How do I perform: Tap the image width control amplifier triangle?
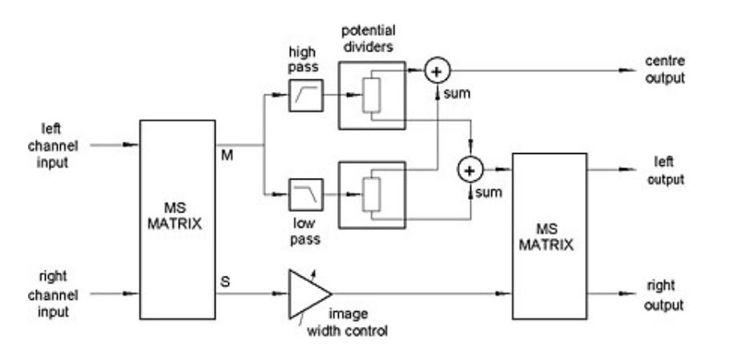point(309,294)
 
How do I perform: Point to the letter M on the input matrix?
point(228,155)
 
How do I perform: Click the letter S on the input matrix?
point(225,282)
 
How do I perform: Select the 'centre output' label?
point(665,70)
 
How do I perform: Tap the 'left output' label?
point(665,171)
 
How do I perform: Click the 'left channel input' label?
point(53,146)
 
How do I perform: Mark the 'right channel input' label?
point(53,294)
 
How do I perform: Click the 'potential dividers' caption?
point(368,38)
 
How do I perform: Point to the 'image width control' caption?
point(347,322)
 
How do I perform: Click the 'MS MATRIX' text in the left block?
point(175,216)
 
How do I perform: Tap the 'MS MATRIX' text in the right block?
point(546,237)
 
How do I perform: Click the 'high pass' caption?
point(303,59)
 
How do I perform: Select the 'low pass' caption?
point(304,231)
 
